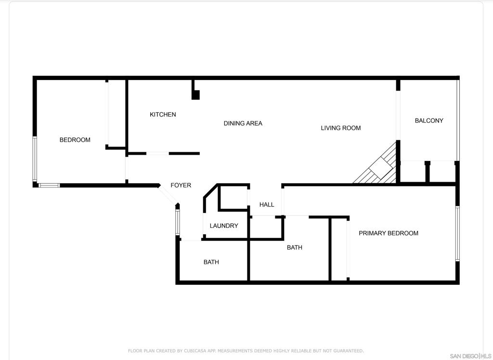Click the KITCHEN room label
point(163,115)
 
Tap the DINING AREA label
point(243,123)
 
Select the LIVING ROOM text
point(340,128)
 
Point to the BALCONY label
point(429,120)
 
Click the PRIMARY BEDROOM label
point(389,233)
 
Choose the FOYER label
point(181,186)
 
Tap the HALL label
point(267,205)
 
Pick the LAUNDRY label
point(223,226)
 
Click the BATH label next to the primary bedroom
point(294,248)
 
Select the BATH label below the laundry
point(211,262)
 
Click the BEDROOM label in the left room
point(75,140)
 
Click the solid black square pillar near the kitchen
point(195,95)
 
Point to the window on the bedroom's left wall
point(35,159)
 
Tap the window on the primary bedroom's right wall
point(457,233)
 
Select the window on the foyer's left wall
point(178,222)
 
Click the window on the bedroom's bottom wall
point(49,186)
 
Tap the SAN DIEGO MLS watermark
point(470,356)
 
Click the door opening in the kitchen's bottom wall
point(157,154)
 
